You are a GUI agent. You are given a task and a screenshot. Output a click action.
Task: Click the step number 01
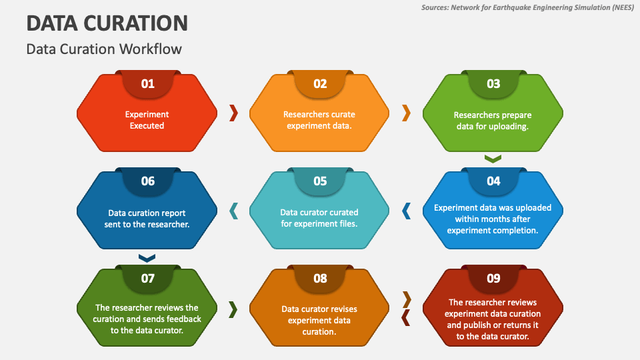point(148,84)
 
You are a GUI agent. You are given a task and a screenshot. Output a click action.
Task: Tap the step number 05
point(320,181)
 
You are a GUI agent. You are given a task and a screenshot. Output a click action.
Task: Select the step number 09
point(493,279)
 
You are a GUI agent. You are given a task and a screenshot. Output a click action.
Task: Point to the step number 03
point(493,84)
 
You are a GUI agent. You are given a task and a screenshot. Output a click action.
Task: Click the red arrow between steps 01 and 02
point(233,113)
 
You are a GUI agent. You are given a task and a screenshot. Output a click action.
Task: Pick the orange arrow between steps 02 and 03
point(406,113)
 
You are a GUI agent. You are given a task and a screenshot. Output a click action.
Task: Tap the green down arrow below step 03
point(493,159)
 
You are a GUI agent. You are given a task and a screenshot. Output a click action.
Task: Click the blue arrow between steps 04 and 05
point(406,211)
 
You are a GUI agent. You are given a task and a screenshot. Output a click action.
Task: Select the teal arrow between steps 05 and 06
point(233,211)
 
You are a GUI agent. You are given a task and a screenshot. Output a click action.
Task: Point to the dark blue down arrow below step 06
point(147,258)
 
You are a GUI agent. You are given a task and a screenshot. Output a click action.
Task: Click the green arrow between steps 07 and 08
point(233,309)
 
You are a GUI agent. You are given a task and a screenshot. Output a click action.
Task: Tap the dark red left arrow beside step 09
point(406,317)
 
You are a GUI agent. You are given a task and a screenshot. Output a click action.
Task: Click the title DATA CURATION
point(107,23)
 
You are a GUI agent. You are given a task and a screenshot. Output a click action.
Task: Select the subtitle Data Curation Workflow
point(104,49)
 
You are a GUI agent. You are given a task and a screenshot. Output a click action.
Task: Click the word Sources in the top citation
point(434,7)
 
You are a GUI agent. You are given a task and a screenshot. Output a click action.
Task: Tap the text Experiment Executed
point(147,120)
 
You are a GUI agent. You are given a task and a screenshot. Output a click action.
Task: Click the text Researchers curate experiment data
point(319,120)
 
